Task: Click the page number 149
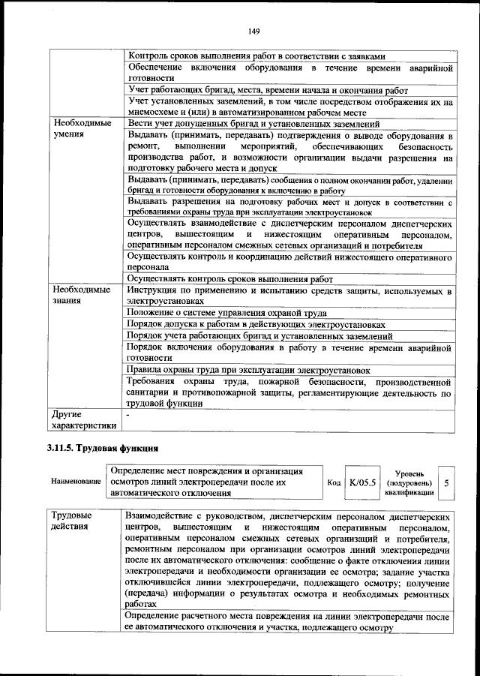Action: pyautogui.click(x=253, y=31)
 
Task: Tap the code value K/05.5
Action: pyautogui.click(x=363, y=483)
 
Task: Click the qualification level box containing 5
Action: pyautogui.click(x=446, y=483)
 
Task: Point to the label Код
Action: pyautogui.click(x=334, y=484)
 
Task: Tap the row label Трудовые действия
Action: pyautogui.click(x=72, y=522)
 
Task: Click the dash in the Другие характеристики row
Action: pyautogui.click(x=129, y=414)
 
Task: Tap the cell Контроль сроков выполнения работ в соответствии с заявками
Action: pyautogui.click(x=256, y=56)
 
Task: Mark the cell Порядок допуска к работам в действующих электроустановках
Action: pyautogui.click(x=256, y=324)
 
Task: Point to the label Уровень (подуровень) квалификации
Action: pyautogui.click(x=409, y=483)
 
